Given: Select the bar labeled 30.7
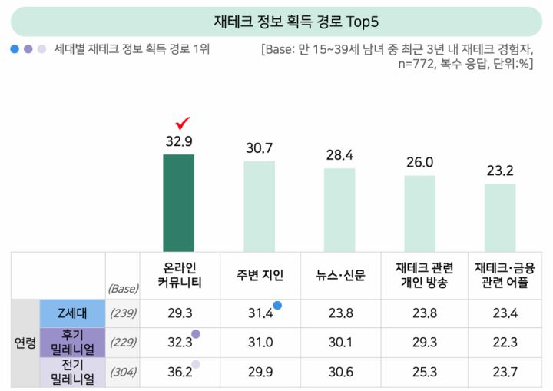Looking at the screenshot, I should pyautogui.click(x=259, y=205).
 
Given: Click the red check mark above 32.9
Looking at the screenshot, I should pyautogui.click(x=183, y=123).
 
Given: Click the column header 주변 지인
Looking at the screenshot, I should pyautogui.click(x=259, y=275).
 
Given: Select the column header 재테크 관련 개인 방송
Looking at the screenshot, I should pyautogui.click(x=420, y=275).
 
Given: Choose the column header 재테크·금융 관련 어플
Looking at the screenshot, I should pyautogui.click(x=500, y=275).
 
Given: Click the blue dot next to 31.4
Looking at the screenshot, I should pyautogui.click(x=277, y=306).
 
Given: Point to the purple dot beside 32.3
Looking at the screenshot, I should pyautogui.click(x=196, y=334).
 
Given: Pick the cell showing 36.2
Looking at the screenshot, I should pyautogui.click(x=178, y=372).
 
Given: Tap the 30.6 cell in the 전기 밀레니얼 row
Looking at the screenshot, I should pyautogui.click(x=339, y=372).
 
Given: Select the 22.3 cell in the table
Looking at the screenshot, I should pyautogui.click(x=500, y=343).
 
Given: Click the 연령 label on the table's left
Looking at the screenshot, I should pyautogui.click(x=25, y=343).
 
